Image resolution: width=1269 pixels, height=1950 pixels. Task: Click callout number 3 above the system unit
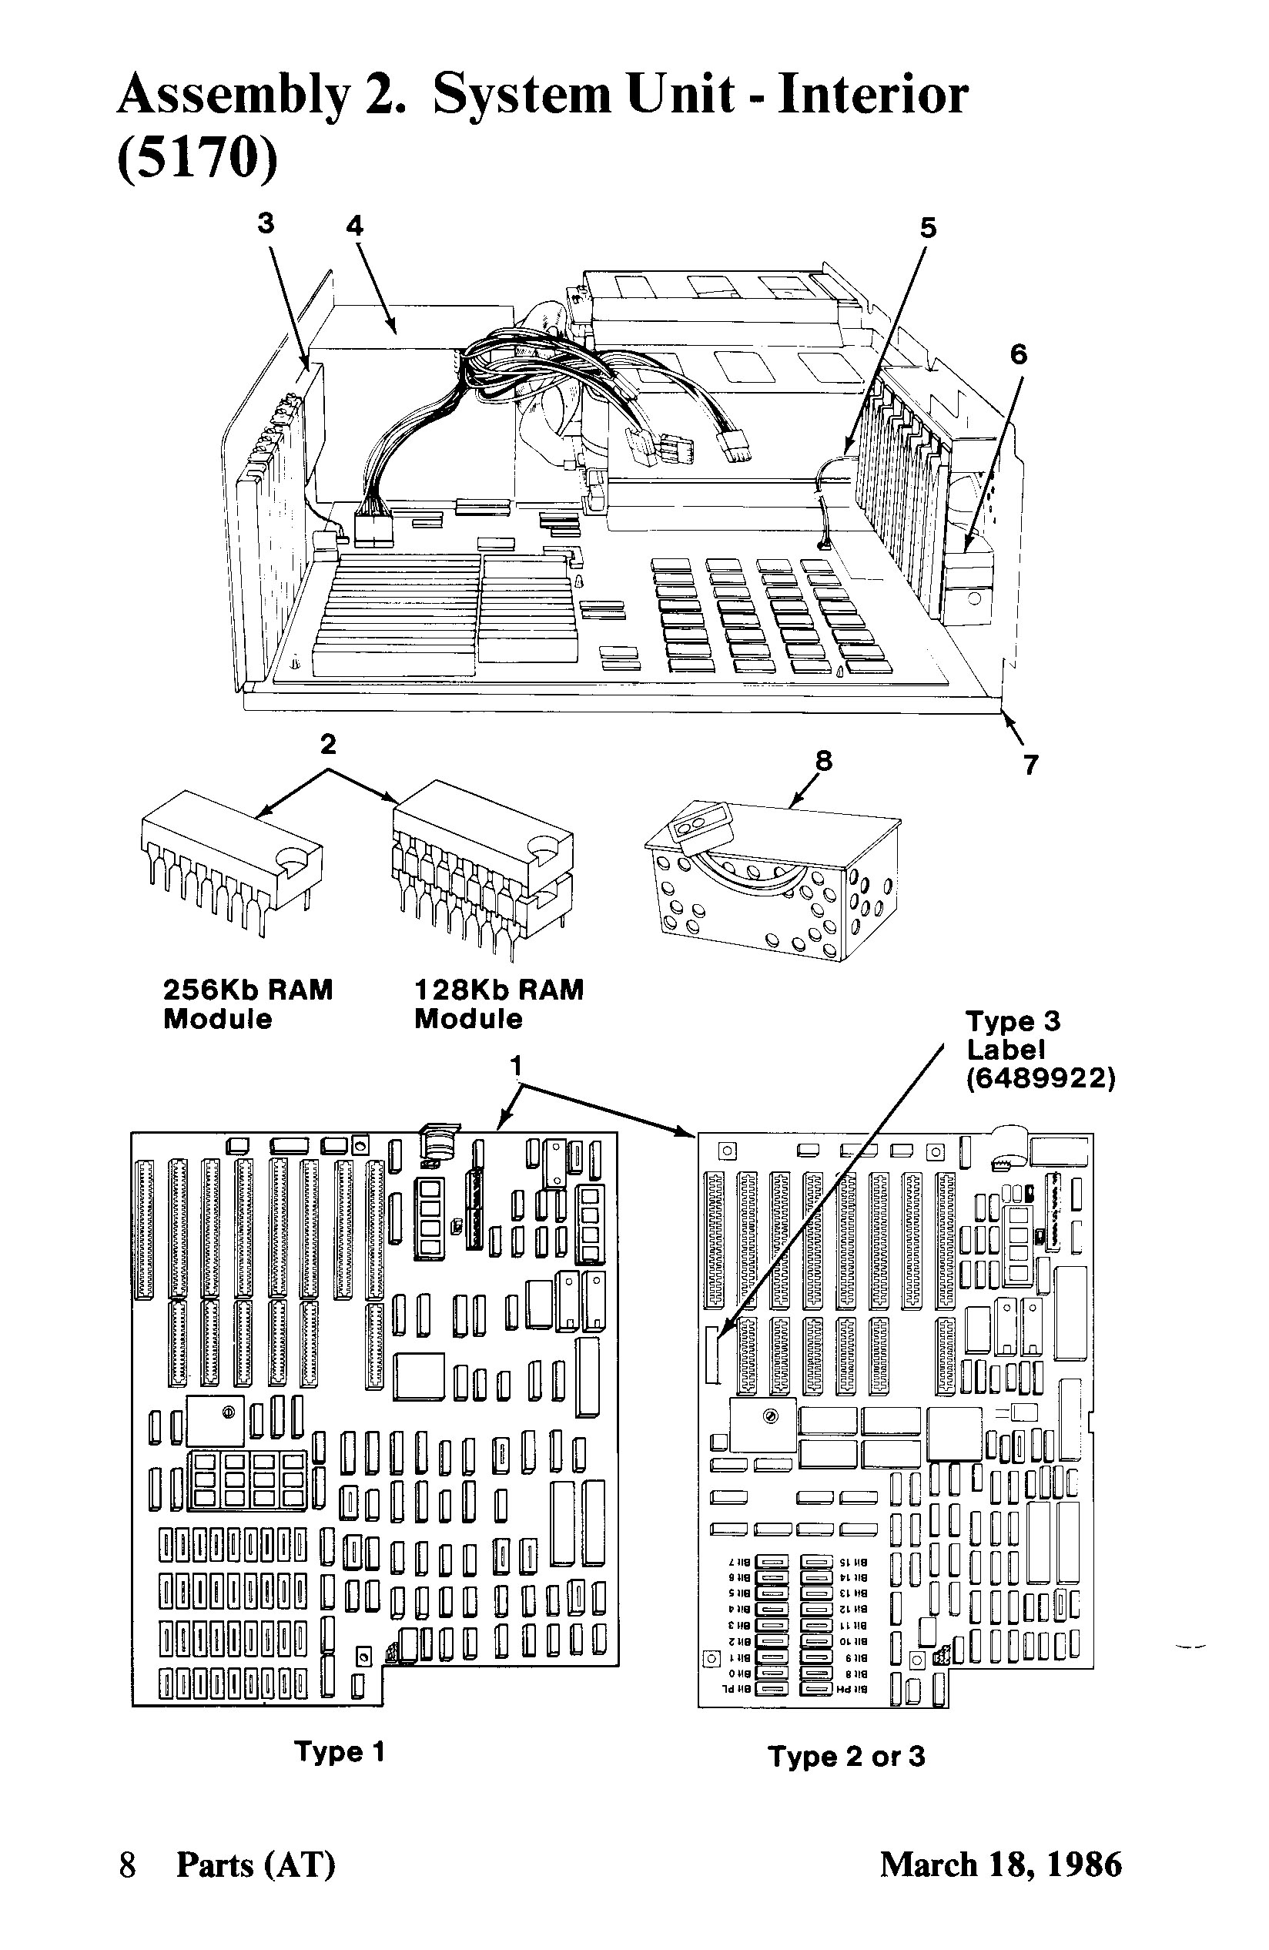[266, 223]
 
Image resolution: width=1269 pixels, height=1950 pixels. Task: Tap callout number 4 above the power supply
[355, 226]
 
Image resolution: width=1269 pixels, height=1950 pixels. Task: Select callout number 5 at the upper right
[927, 228]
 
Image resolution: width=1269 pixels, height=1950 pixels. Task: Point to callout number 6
[1017, 354]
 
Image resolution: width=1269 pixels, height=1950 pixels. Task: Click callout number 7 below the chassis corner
[1030, 765]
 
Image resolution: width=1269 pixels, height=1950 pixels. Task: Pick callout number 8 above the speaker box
[823, 761]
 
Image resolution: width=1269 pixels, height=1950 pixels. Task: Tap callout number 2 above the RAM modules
[328, 745]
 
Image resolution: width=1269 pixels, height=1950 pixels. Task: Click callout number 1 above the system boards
[516, 1066]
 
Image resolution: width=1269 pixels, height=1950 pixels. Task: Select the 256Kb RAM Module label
[247, 1003]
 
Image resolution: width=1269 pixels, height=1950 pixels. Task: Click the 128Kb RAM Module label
[498, 1003]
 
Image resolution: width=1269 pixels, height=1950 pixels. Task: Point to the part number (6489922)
[1040, 1079]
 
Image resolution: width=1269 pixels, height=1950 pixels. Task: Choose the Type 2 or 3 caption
[846, 1757]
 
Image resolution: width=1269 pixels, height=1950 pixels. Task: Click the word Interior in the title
[872, 95]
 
